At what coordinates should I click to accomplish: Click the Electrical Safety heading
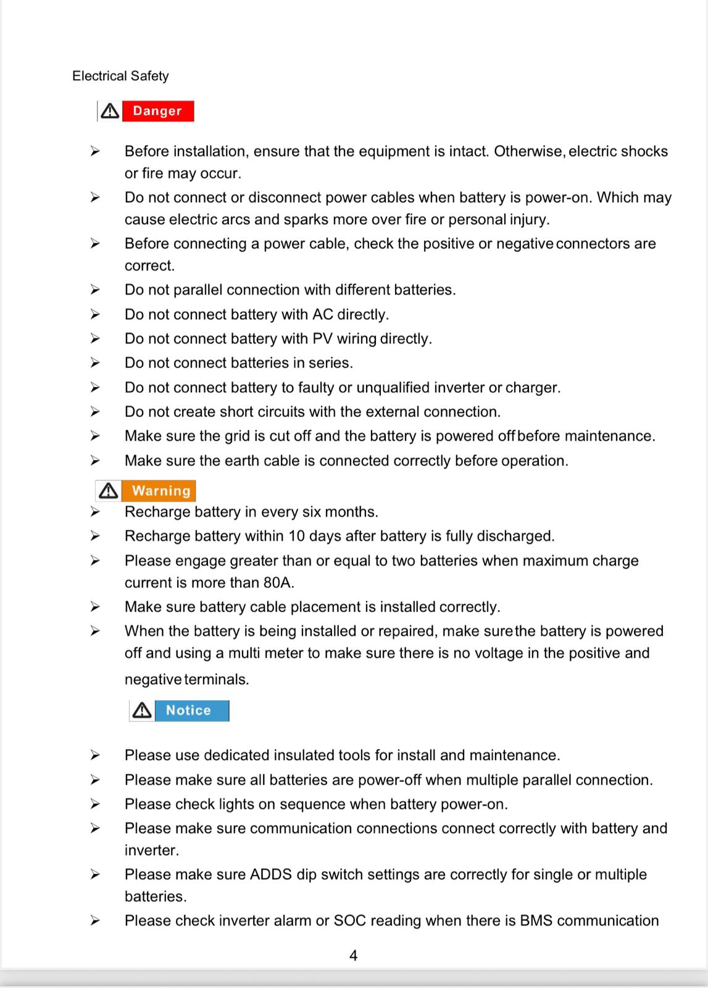point(120,76)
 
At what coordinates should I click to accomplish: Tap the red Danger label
point(157,111)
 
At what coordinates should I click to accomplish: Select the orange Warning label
point(161,491)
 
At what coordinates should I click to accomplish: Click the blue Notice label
point(189,711)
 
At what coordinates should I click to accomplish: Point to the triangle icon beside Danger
point(110,111)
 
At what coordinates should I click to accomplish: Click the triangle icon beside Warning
point(109,491)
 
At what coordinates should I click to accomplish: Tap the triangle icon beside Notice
point(142,711)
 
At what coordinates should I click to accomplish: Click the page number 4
point(353,956)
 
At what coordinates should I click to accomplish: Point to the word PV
point(322,339)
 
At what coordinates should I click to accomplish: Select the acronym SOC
point(350,921)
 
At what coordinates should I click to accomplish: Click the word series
point(330,363)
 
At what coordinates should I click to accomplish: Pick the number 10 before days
point(297,536)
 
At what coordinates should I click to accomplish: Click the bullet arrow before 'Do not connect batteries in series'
point(94,363)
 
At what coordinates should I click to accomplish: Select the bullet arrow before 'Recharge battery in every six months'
point(94,512)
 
